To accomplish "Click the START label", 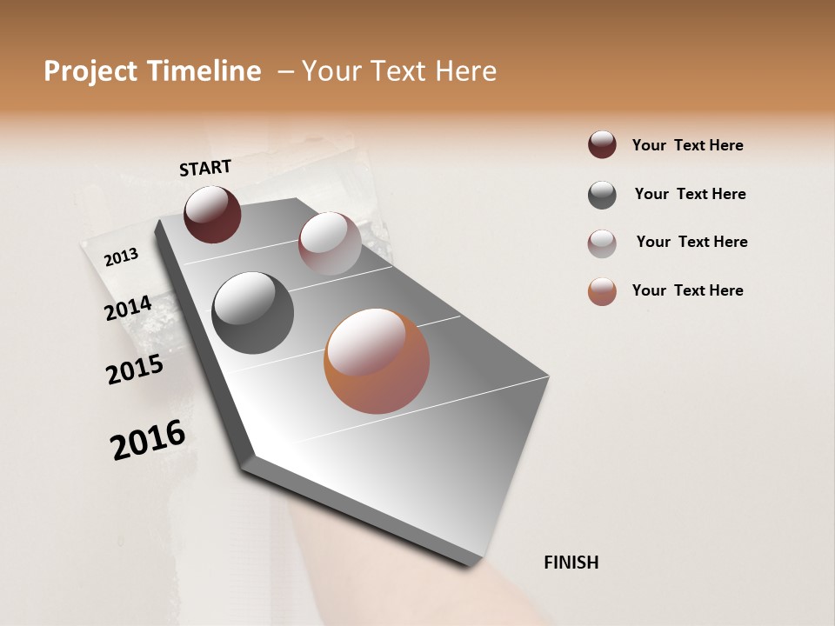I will coord(205,168).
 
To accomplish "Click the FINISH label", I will coord(571,563).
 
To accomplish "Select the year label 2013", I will coord(121,256).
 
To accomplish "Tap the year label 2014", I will coord(128,309).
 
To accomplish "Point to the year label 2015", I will coord(135,370).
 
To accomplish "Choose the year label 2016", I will coord(148,441).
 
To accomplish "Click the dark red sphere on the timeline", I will coord(212,214).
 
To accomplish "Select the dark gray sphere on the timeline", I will coord(253,313).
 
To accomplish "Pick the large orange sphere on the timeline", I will coord(377,361).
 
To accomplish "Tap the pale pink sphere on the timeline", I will coord(330,243).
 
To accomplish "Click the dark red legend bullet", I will coord(602,144).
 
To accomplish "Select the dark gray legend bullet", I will coord(602,195).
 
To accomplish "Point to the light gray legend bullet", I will coord(602,243).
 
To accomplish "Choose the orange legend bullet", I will coord(602,291).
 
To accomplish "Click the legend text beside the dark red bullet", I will coord(687,145).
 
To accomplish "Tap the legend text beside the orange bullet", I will coord(687,290).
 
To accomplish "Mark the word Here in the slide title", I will coord(465,71).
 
